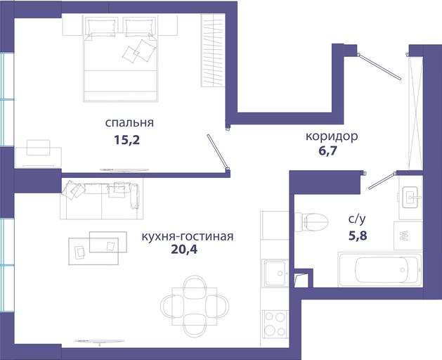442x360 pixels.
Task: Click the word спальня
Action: [129, 123]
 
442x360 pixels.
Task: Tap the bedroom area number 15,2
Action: [127, 140]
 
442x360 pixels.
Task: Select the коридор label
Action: [332, 136]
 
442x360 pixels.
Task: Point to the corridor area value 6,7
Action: [328, 151]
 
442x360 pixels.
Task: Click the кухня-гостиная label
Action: [188, 236]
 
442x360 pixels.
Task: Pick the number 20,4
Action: [184, 250]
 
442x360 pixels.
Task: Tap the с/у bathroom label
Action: [357, 219]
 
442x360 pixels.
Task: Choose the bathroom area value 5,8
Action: [358, 236]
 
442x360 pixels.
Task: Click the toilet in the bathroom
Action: [311, 221]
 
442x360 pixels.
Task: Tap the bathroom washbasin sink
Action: [410, 197]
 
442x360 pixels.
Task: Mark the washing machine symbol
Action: [408, 236]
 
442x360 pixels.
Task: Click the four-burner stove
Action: [275, 324]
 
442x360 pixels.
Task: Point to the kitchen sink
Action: [275, 273]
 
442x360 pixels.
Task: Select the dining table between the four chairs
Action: [195, 307]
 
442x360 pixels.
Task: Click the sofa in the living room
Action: [101, 200]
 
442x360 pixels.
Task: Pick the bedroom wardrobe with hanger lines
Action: [212, 50]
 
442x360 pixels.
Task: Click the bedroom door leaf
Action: [218, 152]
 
